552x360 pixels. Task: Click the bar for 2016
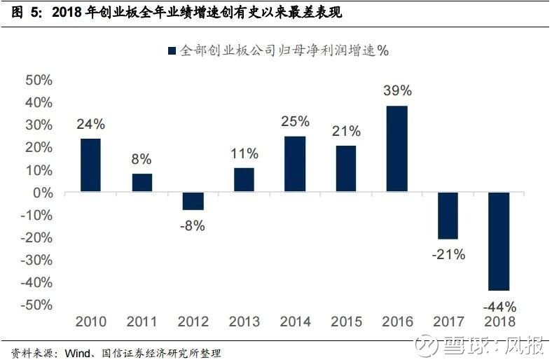click(396, 148)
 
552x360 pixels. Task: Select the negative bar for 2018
click(499, 242)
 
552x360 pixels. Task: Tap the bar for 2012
click(193, 201)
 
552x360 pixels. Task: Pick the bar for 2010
click(90, 165)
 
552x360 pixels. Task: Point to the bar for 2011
click(142, 183)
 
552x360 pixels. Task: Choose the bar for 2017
click(448, 216)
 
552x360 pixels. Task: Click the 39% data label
click(397, 90)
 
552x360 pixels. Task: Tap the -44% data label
click(500, 307)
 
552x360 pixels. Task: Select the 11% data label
click(244, 153)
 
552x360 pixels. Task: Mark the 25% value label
click(295, 121)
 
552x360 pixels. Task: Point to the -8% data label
click(192, 226)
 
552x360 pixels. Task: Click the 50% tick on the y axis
click(39, 81)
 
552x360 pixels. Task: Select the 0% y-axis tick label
click(43, 193)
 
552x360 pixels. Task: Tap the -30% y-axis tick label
click(36, 260)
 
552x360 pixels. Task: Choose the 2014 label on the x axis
click(295, 321)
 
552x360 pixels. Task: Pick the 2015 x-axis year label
click(346, 321)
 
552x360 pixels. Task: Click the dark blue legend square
click(172, 50)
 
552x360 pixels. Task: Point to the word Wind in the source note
click(78, 352)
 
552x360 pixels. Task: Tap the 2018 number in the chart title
click(67, 13)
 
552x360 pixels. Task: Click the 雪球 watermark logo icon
click(427, 345)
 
